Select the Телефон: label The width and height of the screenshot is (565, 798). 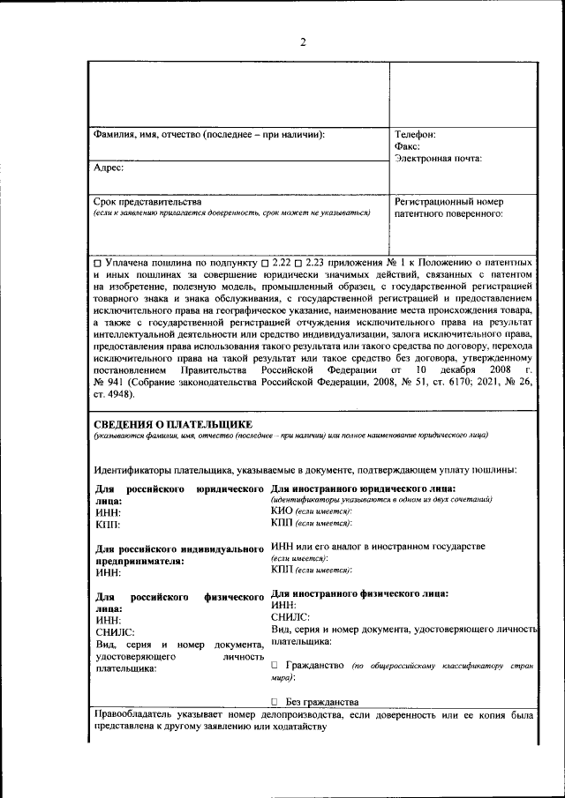click(415, 135)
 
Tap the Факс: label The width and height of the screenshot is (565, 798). click(407, 146)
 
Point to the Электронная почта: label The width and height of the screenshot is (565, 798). click(438, 159)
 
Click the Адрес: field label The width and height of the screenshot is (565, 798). click(109, 166)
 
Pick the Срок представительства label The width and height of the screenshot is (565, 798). click(147, 201)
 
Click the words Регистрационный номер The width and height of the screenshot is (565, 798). click(448, 201)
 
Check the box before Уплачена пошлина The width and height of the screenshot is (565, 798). click(97, 264)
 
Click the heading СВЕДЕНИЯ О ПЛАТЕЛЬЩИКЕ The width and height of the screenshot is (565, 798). click(172, 425)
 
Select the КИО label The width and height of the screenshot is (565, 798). click(282, 511)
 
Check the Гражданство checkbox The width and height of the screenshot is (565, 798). click(275, 664)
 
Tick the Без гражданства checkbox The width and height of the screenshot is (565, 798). click(275, 702)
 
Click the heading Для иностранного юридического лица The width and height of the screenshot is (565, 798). click(363, 488)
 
